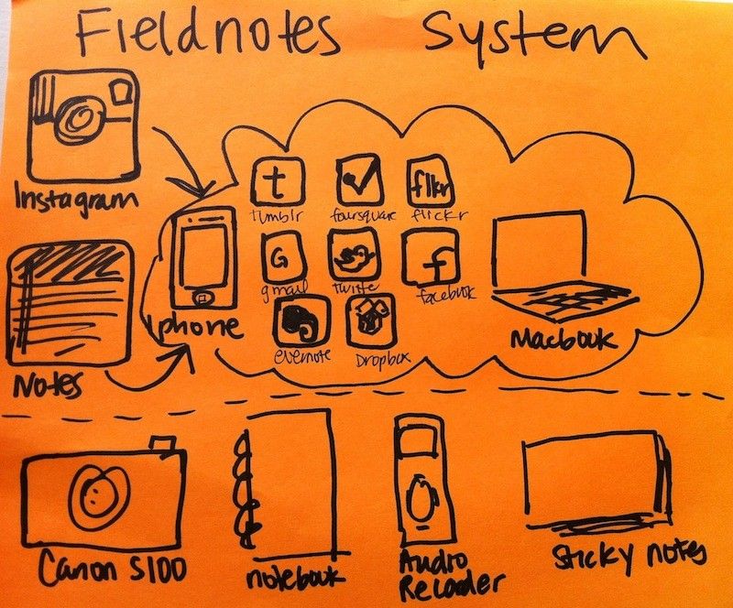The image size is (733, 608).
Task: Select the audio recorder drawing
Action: point(419,482)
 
